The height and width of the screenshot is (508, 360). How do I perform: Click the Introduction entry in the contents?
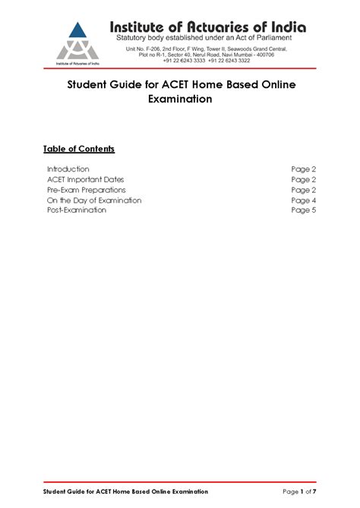(68, 169)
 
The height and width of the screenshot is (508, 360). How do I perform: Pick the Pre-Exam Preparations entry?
(87, 190)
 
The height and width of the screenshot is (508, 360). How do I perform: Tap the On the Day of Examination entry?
(94, 200)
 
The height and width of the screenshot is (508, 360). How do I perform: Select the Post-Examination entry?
(77, 210)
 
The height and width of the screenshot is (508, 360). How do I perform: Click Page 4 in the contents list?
(303, 200)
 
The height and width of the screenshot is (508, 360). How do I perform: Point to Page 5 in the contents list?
(303, 210)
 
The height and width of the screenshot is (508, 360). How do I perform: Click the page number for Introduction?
(303, 169)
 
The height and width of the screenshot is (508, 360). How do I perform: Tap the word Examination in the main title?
(179, 99)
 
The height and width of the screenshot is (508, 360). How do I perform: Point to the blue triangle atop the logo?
(74, 31)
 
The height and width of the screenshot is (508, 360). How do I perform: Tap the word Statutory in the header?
(137, 38)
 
